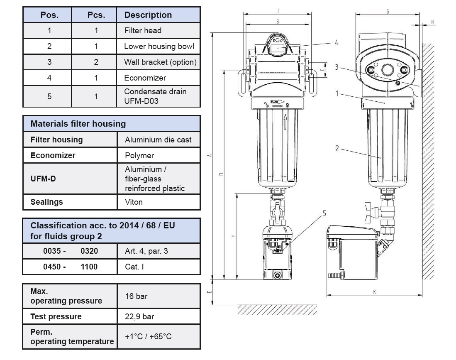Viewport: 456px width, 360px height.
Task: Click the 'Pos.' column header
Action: [49, 15]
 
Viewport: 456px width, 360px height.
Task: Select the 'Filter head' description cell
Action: [143, 30]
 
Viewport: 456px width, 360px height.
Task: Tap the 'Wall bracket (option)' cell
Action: [160, 62]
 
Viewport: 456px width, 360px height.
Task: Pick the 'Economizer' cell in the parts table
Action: [145, 78]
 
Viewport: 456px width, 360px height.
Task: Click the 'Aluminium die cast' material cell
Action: [158, 140]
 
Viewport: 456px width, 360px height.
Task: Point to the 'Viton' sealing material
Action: [134, 202]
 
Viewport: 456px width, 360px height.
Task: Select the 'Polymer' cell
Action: [139, 156]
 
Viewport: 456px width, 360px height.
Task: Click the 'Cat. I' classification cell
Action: [134, 267]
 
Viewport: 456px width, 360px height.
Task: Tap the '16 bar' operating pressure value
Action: [136, 296]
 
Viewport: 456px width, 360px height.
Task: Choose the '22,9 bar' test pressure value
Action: [139, 317]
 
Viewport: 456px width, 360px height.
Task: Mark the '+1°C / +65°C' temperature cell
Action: [148, 336]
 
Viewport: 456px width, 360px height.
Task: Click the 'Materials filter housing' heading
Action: [78, 124]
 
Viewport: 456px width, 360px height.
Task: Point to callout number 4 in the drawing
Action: [337, 43]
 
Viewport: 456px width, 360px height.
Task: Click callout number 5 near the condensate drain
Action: [324, 213]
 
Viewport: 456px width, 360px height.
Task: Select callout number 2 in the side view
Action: [337, 148]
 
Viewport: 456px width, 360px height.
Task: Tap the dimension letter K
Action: [374, 292]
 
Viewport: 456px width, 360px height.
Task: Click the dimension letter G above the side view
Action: [388, 12]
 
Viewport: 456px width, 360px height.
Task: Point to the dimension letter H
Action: [433, 22]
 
